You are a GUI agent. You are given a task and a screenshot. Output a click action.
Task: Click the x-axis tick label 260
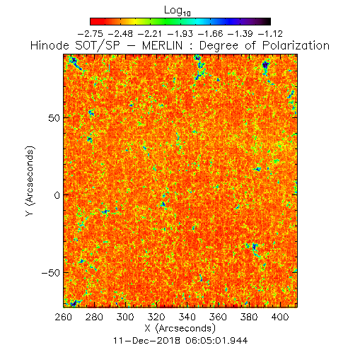pyautogui.click(x=63, y=317)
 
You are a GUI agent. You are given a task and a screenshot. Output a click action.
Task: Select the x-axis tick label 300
pyautogui.click(x=125, y=317)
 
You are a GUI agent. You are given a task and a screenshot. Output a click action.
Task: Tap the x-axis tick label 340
pyautogui.click(x=187, y=317)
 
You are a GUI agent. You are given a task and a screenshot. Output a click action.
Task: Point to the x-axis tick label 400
pyautogui.click(x=280, y=317)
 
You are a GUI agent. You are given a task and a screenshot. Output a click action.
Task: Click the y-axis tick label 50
pyautogui.click(x=54, y=118)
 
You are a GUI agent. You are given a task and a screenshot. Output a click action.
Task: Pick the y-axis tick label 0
pyautogui.click(x=57, y=195)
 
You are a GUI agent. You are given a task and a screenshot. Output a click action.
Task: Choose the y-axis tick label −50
pyautogui.click(x=51, y=273)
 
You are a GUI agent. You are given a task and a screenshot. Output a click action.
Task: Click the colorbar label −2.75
pyautogui.click(x=91, y=34)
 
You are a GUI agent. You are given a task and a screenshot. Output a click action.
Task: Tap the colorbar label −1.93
pyautogui.click(x=180, y=34)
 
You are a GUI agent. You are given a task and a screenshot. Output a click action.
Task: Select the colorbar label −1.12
pyautogui.click(x=270, y=34)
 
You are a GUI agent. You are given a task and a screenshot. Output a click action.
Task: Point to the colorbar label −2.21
pyautogui.click(x=150, y=34)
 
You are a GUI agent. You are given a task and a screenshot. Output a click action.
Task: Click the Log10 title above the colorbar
pyautogui.click(x=178, y=11)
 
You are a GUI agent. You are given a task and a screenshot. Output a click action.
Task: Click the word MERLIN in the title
pyautogui.click(x=163, y=45)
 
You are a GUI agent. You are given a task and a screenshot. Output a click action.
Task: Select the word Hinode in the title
pyautogui.click(x=50, y=45)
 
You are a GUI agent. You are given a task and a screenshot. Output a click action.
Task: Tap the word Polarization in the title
pyautogui.click(x=296, y=45)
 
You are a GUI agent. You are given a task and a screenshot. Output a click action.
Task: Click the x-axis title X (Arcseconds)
pyautogui.click(x=180, y=328)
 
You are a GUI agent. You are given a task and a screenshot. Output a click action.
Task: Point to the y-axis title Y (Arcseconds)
pyautogui.click(x=30, y=181)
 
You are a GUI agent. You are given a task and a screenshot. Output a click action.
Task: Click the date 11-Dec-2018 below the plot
pyautogui.click(x=147, y=341)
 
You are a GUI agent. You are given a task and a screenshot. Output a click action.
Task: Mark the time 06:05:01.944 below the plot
pyautogui.click(x=216, y=341)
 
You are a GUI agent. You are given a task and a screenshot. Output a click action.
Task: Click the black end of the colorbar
pyautogui.click(x=268, y=21)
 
